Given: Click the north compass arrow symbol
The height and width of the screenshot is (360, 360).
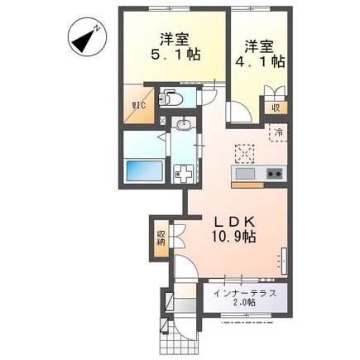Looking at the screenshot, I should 82,37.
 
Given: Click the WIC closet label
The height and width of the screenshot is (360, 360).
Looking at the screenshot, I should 138,106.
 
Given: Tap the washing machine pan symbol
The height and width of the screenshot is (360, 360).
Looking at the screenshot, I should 181,172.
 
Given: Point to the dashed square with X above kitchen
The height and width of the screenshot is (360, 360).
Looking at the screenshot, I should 245,153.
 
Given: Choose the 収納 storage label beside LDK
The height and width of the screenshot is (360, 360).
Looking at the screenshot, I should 161,239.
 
